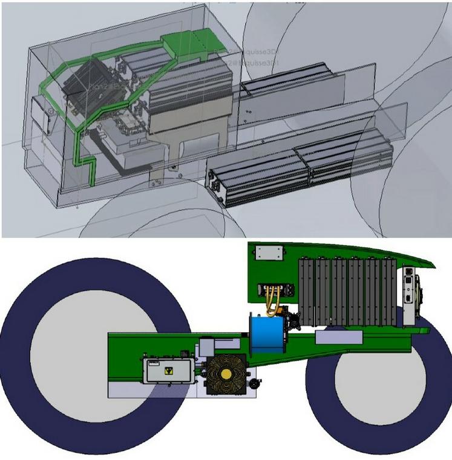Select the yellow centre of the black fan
tap(226, 374)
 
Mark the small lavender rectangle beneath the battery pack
tap(339, 338)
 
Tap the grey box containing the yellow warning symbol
tap(168, 370)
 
